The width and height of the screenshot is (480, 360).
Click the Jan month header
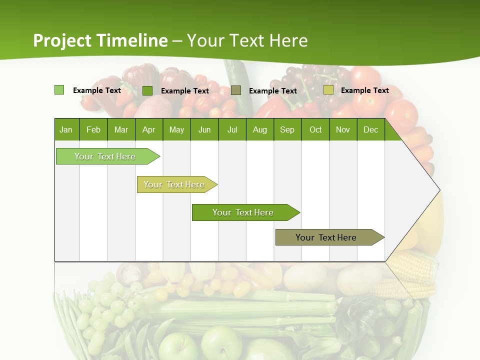pyautogui.click(x=66, y=129)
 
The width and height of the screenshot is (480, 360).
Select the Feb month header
pyautogui.click(x=93, y=129)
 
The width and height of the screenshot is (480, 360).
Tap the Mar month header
pyautogui.click(x=121, y=129)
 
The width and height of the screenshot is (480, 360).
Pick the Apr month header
pyautogui.click(x=149, y=129)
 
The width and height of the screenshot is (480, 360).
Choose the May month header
pyautogui.click(x=176, y=129)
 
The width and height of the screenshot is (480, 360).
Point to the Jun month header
pyautogui.click(x=204, y=129)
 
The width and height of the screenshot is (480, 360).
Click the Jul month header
pyautogui.click(x=232, y=129)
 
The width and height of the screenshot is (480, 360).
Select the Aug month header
pyautogui.click(x=260, y=129)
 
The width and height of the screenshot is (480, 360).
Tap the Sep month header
pyautogui.click(x=287, y=129)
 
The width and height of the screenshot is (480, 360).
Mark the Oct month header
pyautogui.click(x=315, y=129)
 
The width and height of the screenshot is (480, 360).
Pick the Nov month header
pyautogui.click(x=343, y=129)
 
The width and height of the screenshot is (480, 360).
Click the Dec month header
pyautogui.click(x=371, y=129)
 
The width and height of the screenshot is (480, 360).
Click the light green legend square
pyautogui.click(x=59, y=90)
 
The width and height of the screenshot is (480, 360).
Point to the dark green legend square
pyautogui.click(x=147, y=90)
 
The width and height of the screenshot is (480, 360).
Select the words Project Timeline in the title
pyautogui.click(x=100, y=40)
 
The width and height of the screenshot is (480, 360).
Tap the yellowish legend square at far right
pyautogui.click(x=328, y=90)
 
